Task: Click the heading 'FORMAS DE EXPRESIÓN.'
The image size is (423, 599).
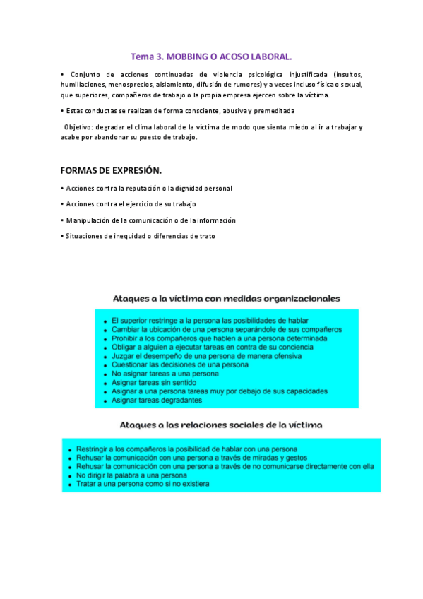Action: pos(111,171)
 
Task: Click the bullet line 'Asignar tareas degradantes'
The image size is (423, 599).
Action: pos(157,401)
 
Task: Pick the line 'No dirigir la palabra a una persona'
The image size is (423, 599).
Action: pos(132,475)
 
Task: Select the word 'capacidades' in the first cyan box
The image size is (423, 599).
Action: pos(306,391)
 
